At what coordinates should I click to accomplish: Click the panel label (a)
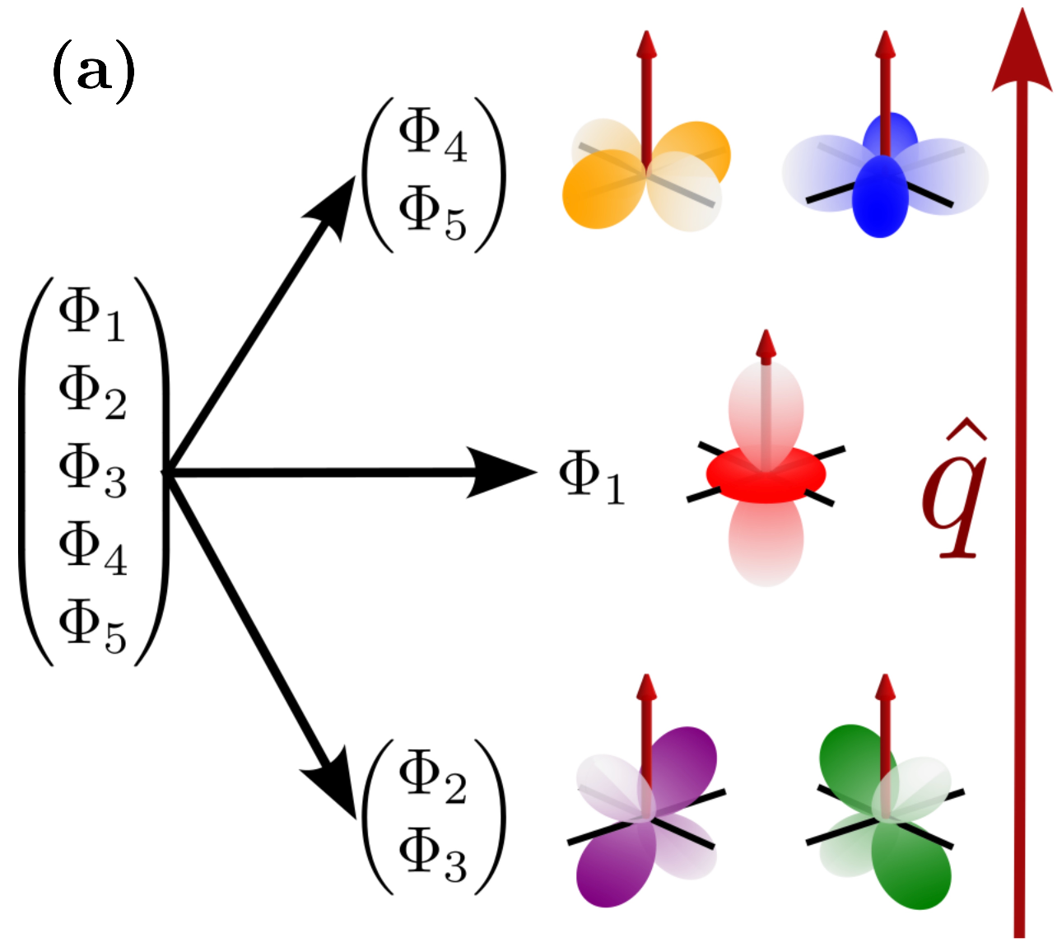pyautogui.click(x=93, y=72)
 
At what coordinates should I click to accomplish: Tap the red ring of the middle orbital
pyautogui.click(x=766, y=478)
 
